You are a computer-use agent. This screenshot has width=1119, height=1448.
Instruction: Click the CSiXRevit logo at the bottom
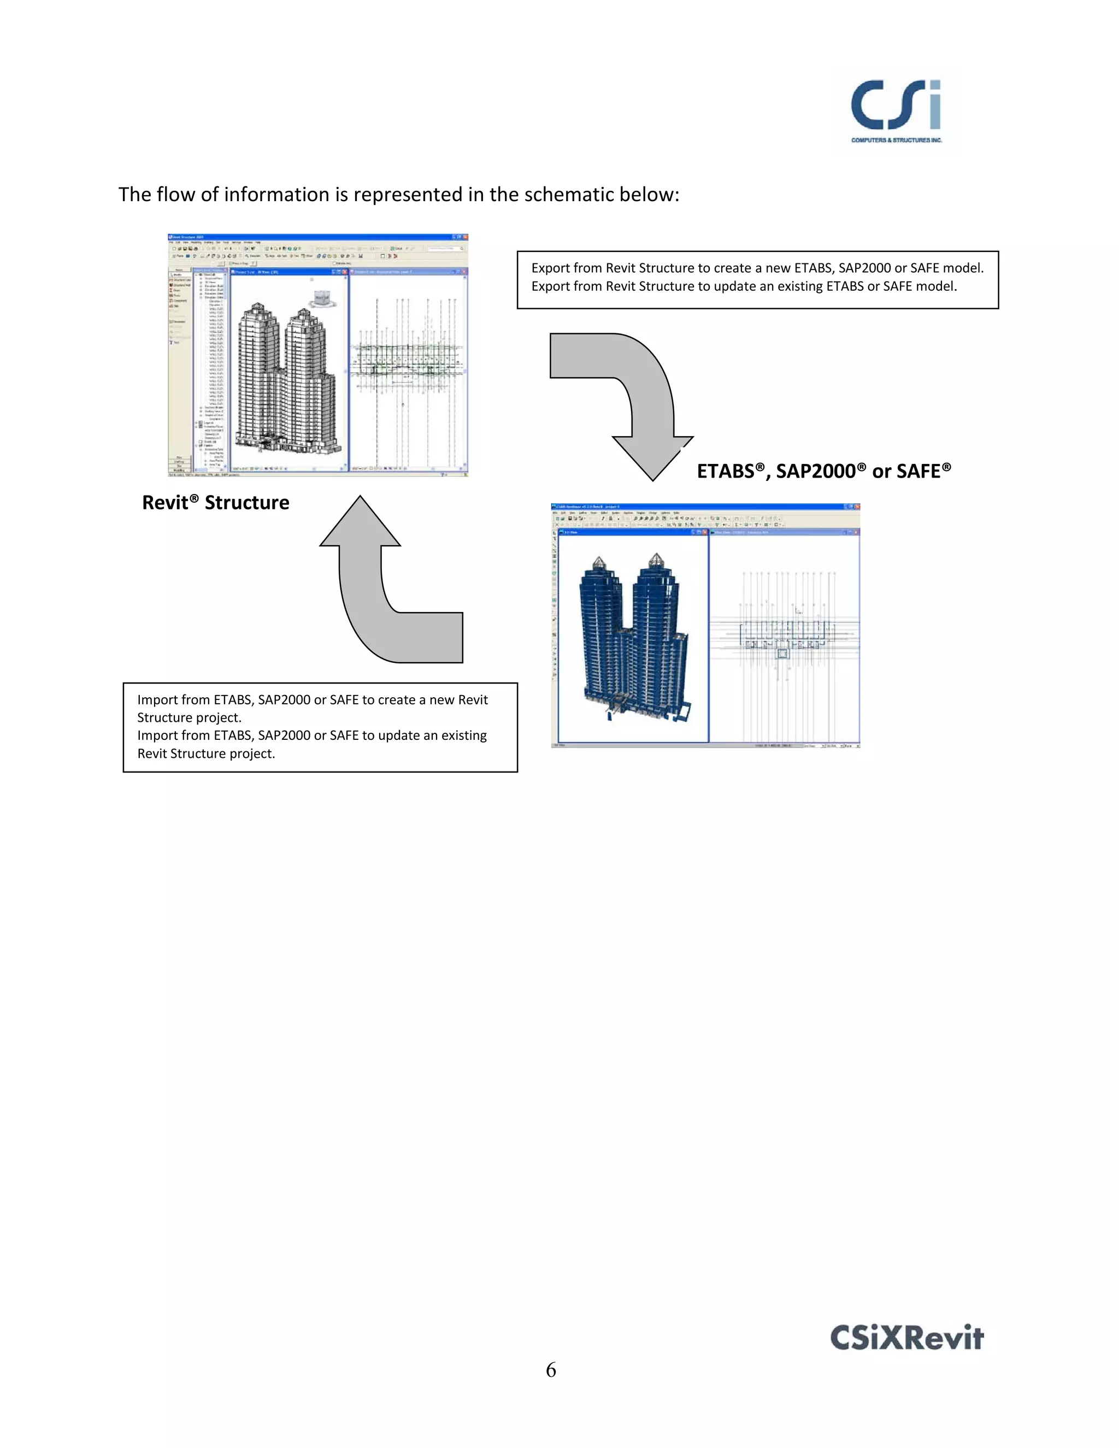pyautogui.click(x=906, y=1337)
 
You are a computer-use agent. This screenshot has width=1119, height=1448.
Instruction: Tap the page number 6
pyautogui.click(x=551, y=1370)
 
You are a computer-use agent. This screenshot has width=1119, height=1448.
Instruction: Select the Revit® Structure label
pyautogui.click(x=215, y=503)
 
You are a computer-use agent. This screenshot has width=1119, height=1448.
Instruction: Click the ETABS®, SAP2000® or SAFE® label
pyautogui.click(x=823, y=472)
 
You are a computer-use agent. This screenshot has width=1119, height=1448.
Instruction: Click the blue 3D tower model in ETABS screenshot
pyautogui.click(x=633, y=637)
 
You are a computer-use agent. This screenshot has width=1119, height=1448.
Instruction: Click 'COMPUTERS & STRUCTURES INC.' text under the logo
pyautogui.click(x=896, y=140)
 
